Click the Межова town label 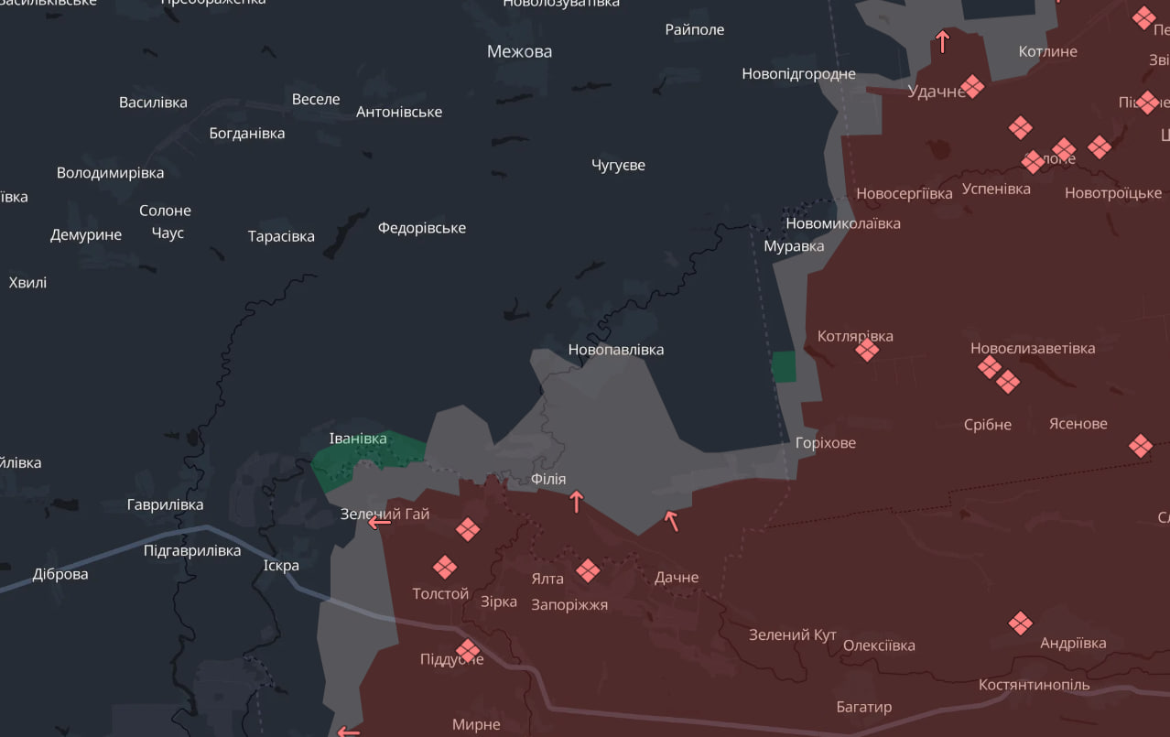[519, 51]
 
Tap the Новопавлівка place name [615, 350]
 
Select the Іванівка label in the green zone [357, 439]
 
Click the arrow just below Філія [576, 501]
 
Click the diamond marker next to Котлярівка [866, 349]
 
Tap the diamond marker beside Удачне [971, 87]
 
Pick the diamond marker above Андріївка [1020, 623]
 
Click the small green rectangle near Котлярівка [784, 366]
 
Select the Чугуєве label [618, 165]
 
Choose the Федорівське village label [422, 228]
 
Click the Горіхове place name [825, 443]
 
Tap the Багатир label [863, 707]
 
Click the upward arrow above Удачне [942, 41]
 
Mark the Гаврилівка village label [165, 504]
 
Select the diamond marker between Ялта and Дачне [588, 571]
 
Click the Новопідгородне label [798, 74]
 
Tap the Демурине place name [86, 235]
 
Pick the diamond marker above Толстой [445, 568]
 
